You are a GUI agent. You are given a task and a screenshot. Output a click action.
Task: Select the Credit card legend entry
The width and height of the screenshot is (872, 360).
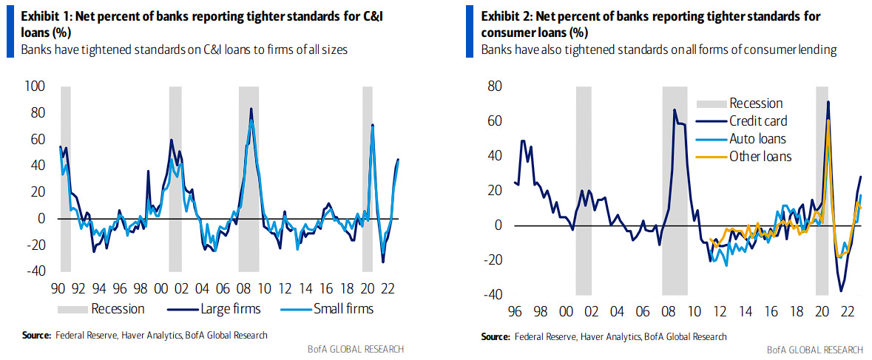(758, 120)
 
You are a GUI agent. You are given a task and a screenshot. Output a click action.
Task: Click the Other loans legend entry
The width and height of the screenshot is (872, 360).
(760, 156)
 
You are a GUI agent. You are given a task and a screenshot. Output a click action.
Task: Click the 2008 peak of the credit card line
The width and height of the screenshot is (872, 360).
(674, 110)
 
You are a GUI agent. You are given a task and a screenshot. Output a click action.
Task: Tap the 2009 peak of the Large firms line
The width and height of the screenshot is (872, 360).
(251, 109)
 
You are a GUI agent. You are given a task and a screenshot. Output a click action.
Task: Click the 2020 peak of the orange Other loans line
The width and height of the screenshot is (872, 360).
(828, 120)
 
